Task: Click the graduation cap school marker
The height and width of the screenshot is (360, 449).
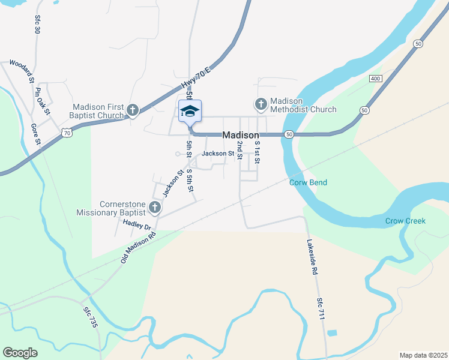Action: pos(190,112)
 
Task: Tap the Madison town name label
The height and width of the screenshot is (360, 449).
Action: pos(241,136)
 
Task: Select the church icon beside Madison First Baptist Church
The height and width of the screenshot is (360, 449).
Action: pos(133,110)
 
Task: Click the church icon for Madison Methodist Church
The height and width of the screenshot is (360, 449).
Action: pos(261,105)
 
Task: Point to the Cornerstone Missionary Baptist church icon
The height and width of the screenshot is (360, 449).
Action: pos(155,208)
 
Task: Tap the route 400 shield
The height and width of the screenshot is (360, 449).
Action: pos(376,79)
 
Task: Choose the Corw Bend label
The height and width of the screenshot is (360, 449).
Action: pos(308,182)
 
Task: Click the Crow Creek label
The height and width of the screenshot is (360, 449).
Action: pos(405,221)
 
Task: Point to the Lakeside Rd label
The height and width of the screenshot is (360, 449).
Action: pos(312,257)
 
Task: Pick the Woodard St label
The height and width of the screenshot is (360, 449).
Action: pos(22,70)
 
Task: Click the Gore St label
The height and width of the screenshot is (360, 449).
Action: pos(35,135)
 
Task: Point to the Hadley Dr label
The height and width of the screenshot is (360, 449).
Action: pos(136,225)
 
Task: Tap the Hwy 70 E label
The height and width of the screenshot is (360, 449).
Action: pos(196,80)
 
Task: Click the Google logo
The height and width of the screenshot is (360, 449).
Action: pos(20,352)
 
